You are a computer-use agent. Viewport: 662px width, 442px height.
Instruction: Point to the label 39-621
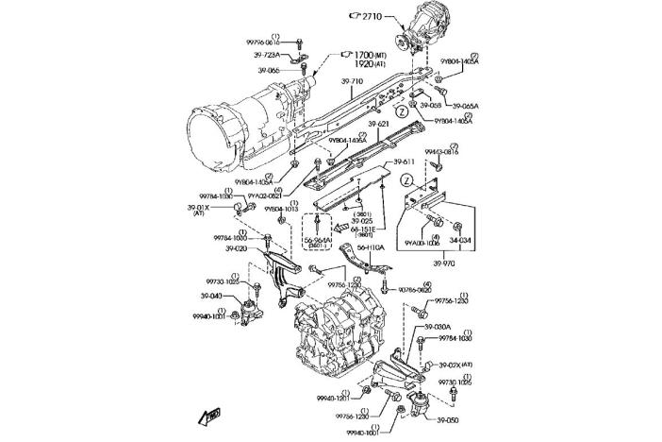pyautogui.click(x=378, y=124)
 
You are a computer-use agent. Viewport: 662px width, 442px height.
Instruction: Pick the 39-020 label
pyautogui.click(x=236, y=248)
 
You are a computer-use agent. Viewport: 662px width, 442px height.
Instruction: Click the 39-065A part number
pyautogui.click(x=465, y=106)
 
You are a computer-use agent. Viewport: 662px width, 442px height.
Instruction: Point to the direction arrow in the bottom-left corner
pyautogui.click(x=209, y=413)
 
